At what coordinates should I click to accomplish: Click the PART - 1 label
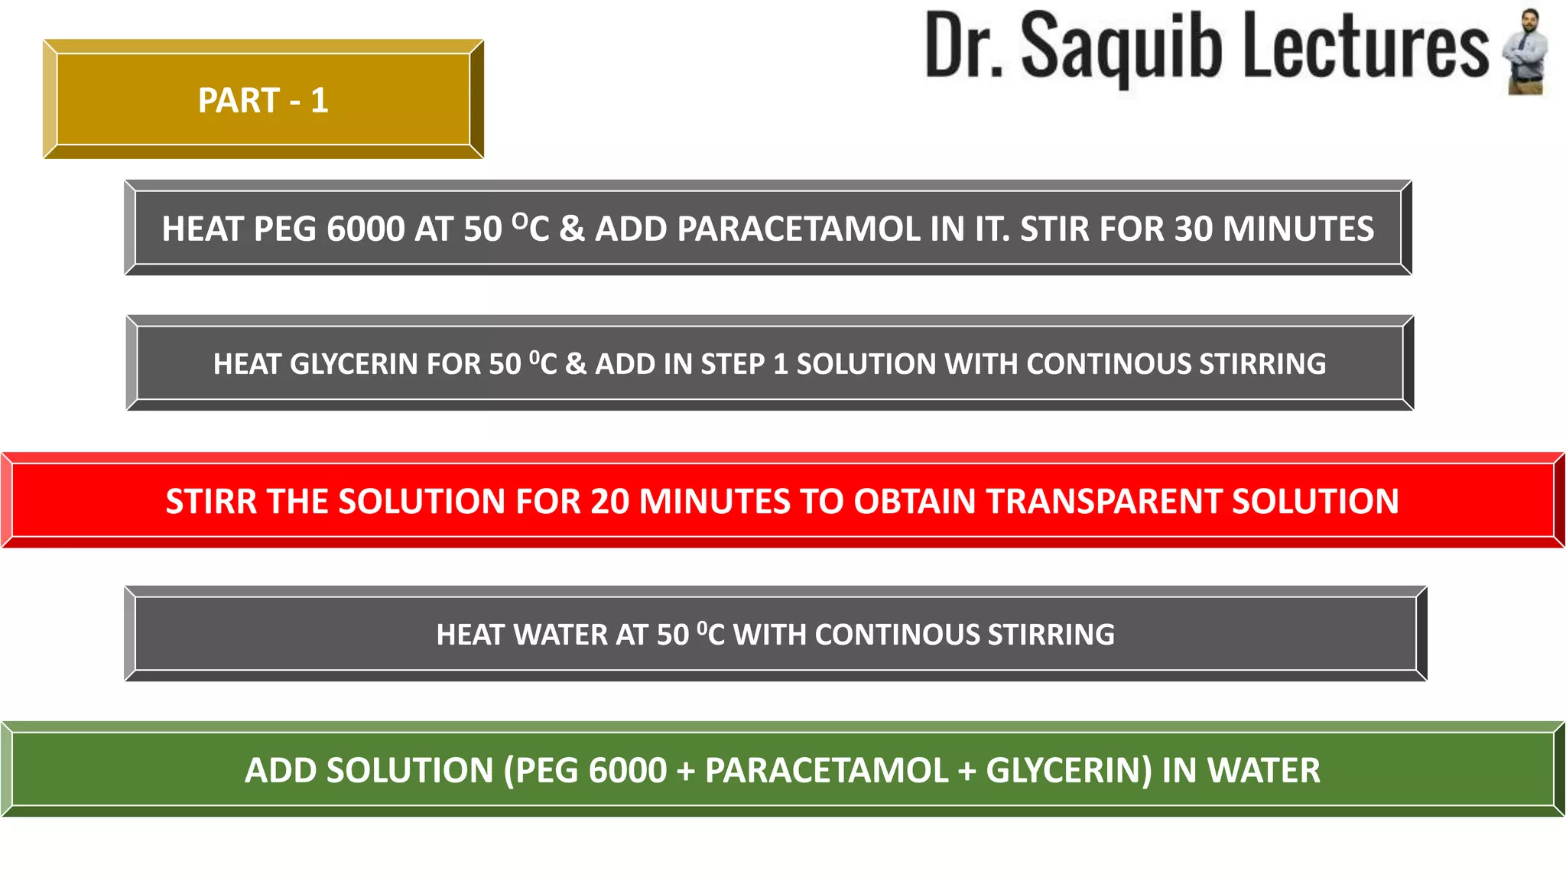pyautogui.click(x=263, y=101)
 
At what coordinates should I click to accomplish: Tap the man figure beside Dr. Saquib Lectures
pyautogui.click(x=1526, y=51)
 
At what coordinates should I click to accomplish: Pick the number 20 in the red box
pyautogui.click(x=609, y=502)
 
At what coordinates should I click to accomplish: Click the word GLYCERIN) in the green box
pyautogui.click(x=1068, y=771)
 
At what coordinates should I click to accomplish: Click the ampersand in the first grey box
pyautogui.click(x=571, y=229)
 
